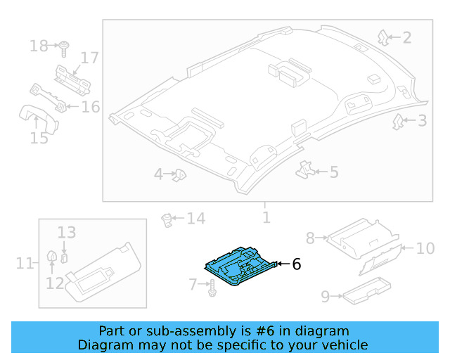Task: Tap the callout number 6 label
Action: (x=296, y=264)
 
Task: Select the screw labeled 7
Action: (x=211, y=286)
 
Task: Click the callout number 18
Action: (x=39, y=46)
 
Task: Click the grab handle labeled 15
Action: (x=35, y=115)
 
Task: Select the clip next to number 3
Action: (x=397, y=122)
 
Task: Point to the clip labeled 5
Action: (x=306, y=169)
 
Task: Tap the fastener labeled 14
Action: (x=168, y=219)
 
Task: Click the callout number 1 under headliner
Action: (x=266, y=217)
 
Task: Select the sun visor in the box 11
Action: (x=98, y=271)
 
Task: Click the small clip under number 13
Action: (x=64, y=257)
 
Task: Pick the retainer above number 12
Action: (x=51, y=259)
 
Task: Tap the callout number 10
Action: (x=425, y=248)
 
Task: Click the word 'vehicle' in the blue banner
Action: (x=342, y=345)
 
